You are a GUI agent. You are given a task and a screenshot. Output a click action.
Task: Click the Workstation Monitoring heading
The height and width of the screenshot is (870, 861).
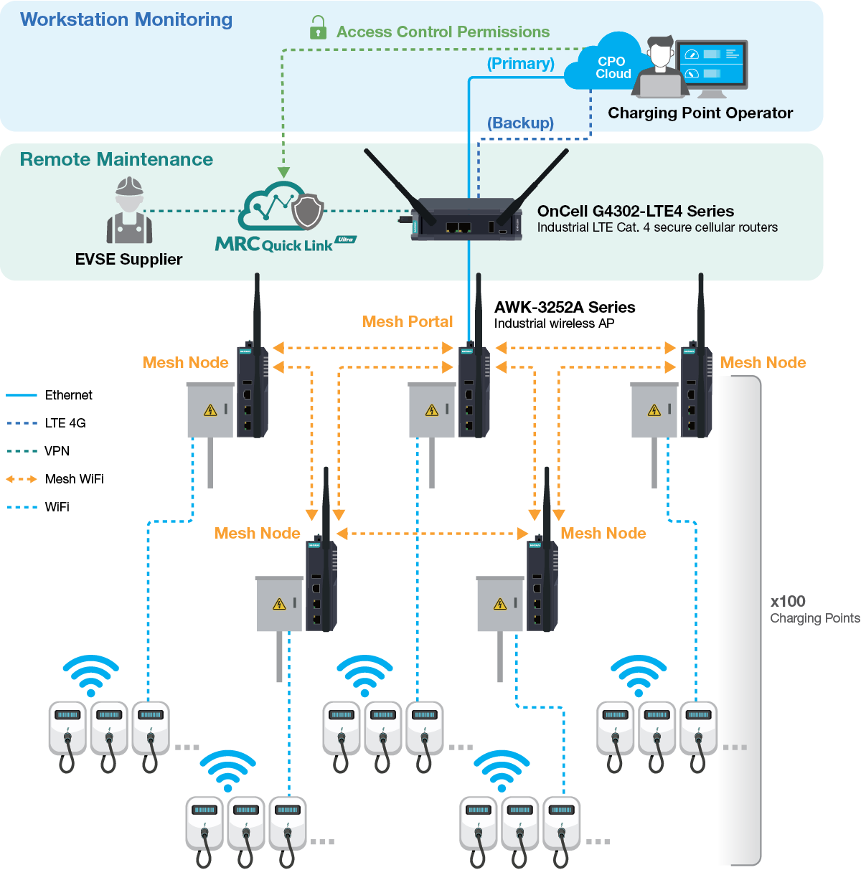126,20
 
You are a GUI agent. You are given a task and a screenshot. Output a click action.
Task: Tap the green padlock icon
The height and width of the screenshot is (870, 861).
318,29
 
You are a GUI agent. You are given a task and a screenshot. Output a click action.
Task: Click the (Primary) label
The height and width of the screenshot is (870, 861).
520,64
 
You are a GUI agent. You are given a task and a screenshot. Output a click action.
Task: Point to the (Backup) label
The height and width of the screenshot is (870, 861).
520,123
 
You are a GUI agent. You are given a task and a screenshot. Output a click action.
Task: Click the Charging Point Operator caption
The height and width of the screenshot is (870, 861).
700,113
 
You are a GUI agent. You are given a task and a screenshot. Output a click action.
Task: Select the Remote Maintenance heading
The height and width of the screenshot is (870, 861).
116,159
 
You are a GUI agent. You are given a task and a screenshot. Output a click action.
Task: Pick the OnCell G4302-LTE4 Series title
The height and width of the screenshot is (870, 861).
635,211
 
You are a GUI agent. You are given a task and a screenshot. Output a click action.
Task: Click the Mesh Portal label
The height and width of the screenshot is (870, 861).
408,322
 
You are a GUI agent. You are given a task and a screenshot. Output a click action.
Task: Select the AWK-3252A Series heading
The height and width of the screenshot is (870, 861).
564,307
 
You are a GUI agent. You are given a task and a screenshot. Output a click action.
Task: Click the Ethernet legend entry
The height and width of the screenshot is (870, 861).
68,395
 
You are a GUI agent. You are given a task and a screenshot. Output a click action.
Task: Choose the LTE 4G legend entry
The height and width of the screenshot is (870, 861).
65,423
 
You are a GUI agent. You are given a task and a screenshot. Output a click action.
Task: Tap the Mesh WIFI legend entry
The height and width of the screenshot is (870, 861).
74,479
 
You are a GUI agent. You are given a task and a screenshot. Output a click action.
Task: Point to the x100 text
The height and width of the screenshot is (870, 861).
787,602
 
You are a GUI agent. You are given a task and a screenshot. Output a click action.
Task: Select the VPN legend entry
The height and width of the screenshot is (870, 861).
57,451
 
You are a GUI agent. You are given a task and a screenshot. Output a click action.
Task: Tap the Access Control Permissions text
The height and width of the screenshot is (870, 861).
443,32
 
